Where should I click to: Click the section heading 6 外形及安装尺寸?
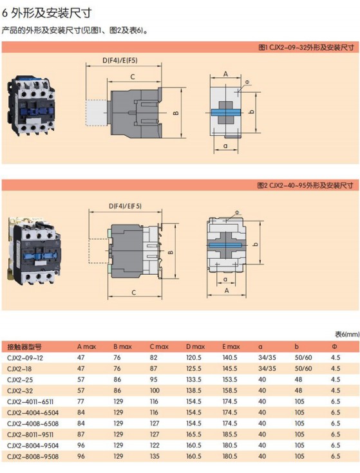pos(47,12)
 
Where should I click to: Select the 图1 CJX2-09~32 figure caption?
pos(306,48)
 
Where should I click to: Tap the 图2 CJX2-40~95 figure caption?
pos(305,185)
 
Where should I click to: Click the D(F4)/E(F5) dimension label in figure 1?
pos(120,60)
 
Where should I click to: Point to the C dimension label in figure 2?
pos(134,292)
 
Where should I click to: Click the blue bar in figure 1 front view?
pos(225,113)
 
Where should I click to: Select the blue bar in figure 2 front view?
pos(226,245)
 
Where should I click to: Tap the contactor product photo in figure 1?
pos(30,105)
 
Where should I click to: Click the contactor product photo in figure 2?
pos(33,251)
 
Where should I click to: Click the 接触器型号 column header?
pos(24,347)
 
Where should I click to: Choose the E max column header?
pos(231,347)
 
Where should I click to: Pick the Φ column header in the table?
pos(334,347)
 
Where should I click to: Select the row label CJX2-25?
pos(20,380)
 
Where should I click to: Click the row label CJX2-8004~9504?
pos(33,446)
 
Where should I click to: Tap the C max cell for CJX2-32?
pos(155,391)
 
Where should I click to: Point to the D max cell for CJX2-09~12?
pos(193,358)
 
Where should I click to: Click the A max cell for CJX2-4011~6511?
pos(81,402)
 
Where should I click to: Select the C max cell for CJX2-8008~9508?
pos(155,456)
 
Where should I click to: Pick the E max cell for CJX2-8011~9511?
pos(230,434)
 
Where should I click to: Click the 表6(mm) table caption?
pos(347,334)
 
